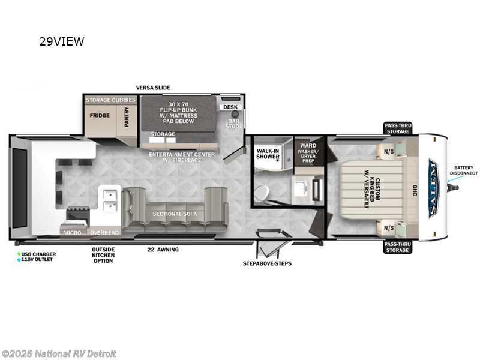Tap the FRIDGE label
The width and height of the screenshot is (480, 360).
point(100,115)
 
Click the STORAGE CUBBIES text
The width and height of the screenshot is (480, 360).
point(110,100)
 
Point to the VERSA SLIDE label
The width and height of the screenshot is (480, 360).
point(153,88)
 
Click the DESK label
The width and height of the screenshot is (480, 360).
point(230,107)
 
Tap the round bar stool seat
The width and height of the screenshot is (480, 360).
point(235,113)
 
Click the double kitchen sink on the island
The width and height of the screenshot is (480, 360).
point(110,200)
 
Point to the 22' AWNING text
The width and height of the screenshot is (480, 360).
point(163,250)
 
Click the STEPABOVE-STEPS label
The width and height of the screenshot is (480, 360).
point(267,263)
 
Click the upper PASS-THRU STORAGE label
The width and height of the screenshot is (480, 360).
point(397,128)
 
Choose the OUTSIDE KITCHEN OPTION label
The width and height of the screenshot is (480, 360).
point(103,255)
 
